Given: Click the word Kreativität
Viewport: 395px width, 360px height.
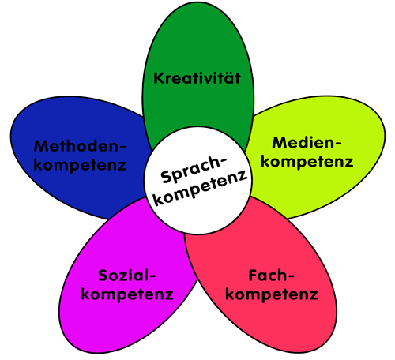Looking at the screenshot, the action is (197, 78).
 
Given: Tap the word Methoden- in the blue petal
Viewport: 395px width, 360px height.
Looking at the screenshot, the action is (80, 146).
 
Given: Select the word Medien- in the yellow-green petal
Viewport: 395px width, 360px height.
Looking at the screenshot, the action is (307, 143).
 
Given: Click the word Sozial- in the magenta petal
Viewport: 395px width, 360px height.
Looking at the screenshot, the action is (127, 276).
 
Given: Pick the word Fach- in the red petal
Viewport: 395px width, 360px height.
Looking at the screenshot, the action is (271, 276).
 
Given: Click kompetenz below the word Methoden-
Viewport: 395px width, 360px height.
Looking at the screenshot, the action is (80, 165).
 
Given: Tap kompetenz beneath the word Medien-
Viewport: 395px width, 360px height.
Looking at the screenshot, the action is (307, 162).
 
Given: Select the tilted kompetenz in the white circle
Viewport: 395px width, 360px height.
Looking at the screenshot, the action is (201, 188).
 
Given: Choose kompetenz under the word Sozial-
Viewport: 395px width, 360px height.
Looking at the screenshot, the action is (127, 294).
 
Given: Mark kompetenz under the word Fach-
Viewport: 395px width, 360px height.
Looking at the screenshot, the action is (272, 294).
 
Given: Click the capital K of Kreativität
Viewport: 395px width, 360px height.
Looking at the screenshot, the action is (159, 78).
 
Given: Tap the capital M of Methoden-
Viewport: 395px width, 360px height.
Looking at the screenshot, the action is (41, 146).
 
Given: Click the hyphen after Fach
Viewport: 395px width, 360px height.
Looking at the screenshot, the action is (290, 277).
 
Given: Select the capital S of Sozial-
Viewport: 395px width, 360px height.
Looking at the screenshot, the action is (103, 276).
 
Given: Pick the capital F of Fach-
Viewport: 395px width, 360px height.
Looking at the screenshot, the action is (253, 276).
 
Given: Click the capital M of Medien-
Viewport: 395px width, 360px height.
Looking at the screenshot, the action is (280, 143).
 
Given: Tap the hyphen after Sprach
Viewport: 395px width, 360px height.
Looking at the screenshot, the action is (224, 161).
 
